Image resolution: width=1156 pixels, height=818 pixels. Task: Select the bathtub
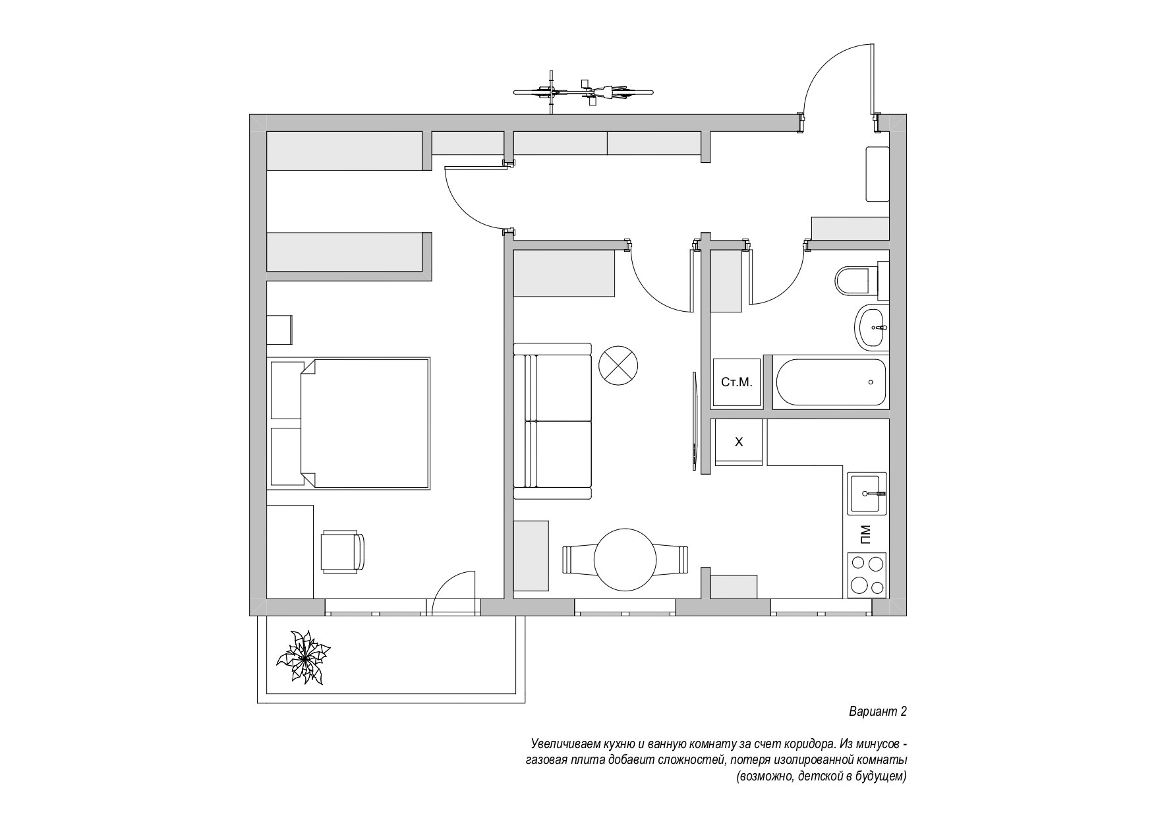tap(831, 382)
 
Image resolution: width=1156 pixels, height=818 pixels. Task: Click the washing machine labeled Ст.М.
tap(737, 382)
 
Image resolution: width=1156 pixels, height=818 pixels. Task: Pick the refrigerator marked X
tap(739, 442)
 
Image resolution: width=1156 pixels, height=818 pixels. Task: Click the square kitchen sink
tap(867, 493)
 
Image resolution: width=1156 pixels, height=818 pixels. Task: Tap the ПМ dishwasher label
tap(866, 533)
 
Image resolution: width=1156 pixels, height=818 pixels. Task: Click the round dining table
tap(625, 560)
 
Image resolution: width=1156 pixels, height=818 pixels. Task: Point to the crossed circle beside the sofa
tap(618, 365)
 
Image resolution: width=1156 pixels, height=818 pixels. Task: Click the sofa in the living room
tap(552, 421)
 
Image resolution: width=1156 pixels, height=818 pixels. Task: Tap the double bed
tap(349, 423)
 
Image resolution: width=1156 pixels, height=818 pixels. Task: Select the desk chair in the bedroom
tap(342, 551)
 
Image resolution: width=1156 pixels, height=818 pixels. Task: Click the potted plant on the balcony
tap(303, 657)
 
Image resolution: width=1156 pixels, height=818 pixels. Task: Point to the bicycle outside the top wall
tap(583, 92)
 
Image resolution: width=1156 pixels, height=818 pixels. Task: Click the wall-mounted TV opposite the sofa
tap(694, 421)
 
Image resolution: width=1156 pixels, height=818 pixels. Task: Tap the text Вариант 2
tap(877, 712)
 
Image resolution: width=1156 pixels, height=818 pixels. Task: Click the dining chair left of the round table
tap(578, 560)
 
